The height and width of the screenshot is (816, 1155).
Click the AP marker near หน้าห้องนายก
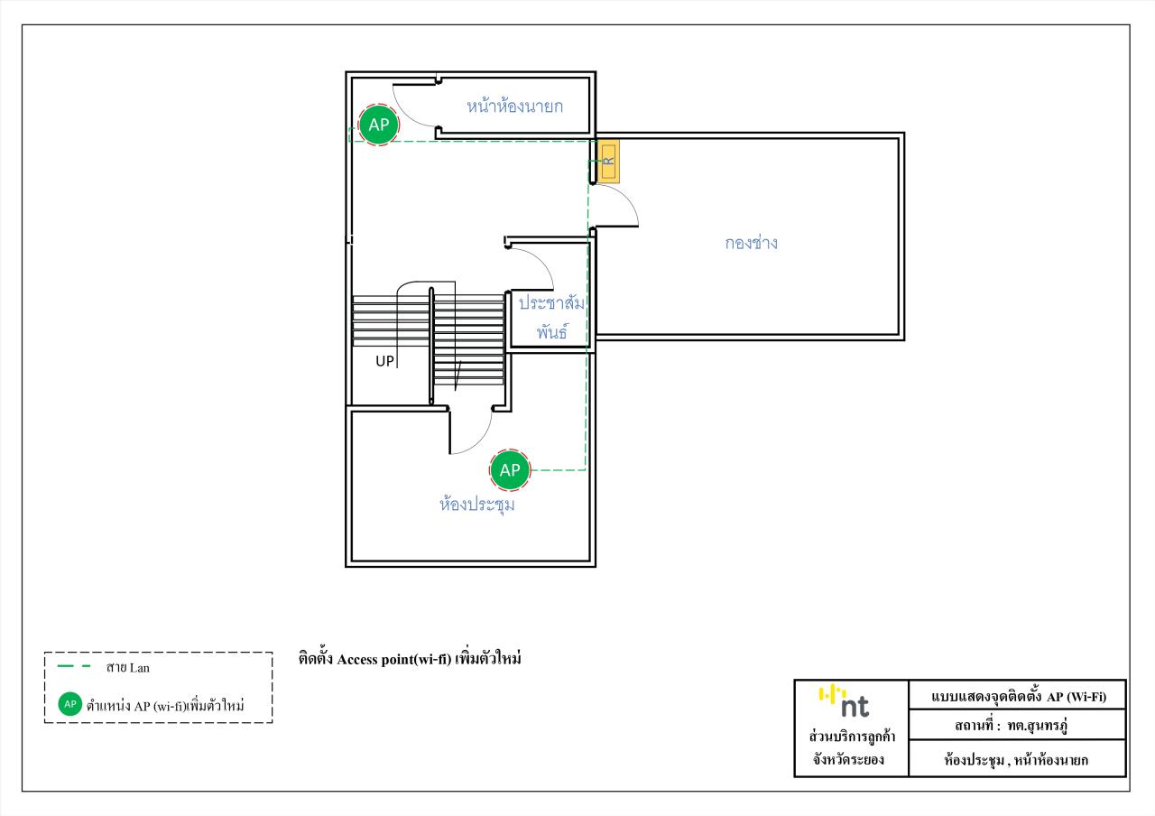378,125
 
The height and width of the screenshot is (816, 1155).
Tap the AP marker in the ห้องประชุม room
510,469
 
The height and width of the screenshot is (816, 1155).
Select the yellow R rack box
608,161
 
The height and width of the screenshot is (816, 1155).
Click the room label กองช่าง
751,243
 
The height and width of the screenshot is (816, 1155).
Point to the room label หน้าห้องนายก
514,106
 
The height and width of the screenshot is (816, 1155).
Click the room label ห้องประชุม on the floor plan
477,504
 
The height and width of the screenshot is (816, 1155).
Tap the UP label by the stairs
384,361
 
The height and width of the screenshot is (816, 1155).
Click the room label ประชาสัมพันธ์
551,317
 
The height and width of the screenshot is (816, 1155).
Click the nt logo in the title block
844,701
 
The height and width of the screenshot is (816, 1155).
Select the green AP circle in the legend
70,704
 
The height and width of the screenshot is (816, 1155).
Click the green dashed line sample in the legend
74,666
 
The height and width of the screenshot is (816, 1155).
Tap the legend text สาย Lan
128,667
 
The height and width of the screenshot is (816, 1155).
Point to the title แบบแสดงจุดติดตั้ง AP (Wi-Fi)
1019,696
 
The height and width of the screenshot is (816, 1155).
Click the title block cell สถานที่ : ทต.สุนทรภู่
1012,725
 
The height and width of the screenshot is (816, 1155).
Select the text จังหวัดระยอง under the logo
849,759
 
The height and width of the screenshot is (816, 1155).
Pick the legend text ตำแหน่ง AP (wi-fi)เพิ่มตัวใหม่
165,705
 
